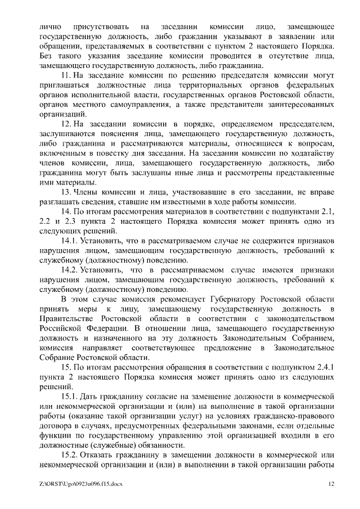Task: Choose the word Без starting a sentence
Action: (48, 56)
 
